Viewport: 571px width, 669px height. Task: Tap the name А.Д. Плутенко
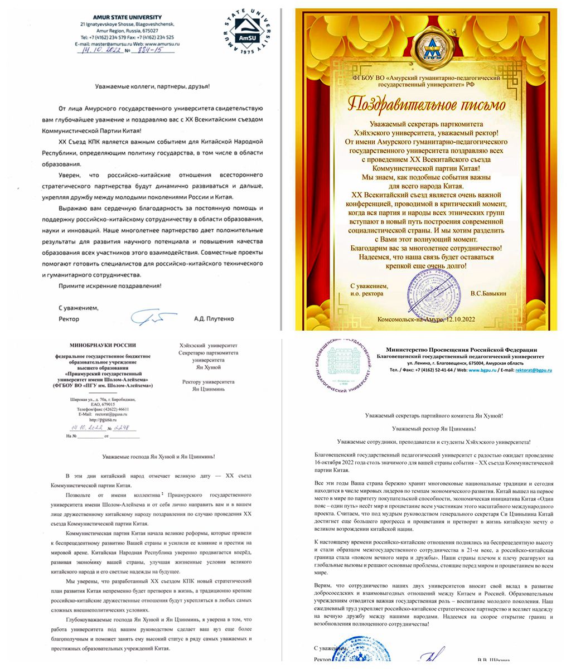tap(214, 319)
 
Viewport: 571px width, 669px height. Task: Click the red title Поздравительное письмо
tap(427, 104)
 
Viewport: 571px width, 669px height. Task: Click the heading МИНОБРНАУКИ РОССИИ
tap(102, 346)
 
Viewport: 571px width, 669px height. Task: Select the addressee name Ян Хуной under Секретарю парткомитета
tap(209, 367)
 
